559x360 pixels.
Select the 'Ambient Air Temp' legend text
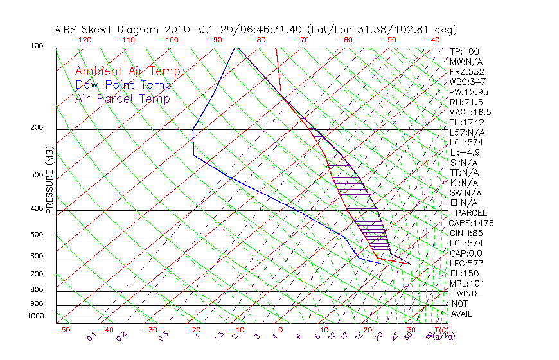pyautogui.click(x=128, y=71)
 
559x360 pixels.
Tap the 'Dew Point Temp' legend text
pyautogui.click(x=123, y=85)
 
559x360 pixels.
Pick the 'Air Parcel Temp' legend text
pyautogui.click(x=123, y=98)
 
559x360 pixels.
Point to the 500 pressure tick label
pyautogui.click(x=37, y=235)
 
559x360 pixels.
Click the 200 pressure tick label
pyautogui.click(x=37, y=128)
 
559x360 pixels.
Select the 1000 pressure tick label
pyautogui.click(x=35, y=316)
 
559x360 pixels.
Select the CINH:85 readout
pyautogui.click(x=466, y=233)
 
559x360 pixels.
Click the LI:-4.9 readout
pyautogui.click(x=465, y=152)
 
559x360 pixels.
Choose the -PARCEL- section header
pyautogui.click(x=471, y=213)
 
